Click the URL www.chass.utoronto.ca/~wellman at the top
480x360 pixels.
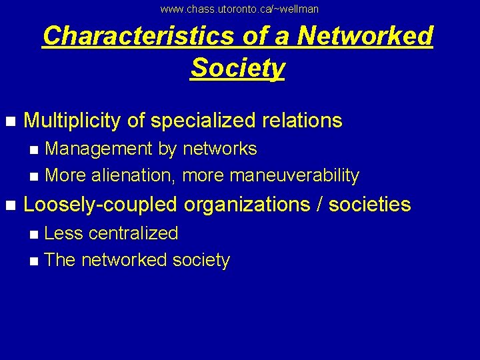[239, 9]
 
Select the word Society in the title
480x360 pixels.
[238, 67]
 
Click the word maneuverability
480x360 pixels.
[294, 176]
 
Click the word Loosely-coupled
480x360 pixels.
[100, 205]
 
